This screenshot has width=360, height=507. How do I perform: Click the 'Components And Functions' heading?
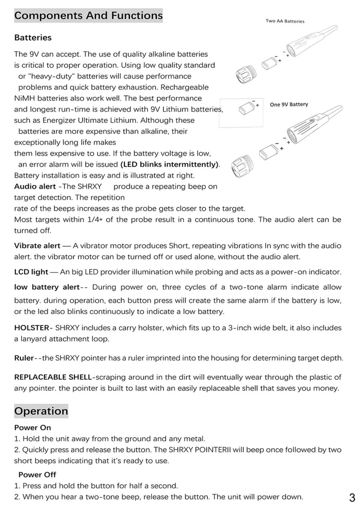[x=88, y=16]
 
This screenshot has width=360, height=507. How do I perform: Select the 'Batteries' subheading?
[x=33, y=38]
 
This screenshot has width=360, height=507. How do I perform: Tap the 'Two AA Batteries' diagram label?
[x=285, y=21]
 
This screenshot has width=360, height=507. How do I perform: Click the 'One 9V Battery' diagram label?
[x=289, y=104]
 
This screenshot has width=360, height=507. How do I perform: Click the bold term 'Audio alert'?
[x=35, y=186]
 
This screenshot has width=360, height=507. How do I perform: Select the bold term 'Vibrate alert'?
[x=37, y=246]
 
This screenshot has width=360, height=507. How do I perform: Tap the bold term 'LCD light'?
[x=31, y=272]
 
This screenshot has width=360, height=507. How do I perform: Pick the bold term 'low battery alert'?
[x=47, y=287]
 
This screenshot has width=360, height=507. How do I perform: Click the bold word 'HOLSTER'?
[x=31, y=328]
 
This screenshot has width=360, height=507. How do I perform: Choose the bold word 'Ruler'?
[x=24, y=358]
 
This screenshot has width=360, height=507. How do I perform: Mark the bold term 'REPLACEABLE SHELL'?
[x=53, y=377]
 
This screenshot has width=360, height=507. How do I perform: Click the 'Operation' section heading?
[x=41, y=411]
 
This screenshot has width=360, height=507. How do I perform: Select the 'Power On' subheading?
[x=33, y=427]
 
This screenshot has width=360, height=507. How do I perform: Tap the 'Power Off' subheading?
[x=37, y=475]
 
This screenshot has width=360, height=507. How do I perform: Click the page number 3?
[x=352, y=497]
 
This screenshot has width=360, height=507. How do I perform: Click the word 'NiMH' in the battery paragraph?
[x=24, y=98]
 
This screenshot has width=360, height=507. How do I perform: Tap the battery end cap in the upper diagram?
[x=244, y=73]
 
